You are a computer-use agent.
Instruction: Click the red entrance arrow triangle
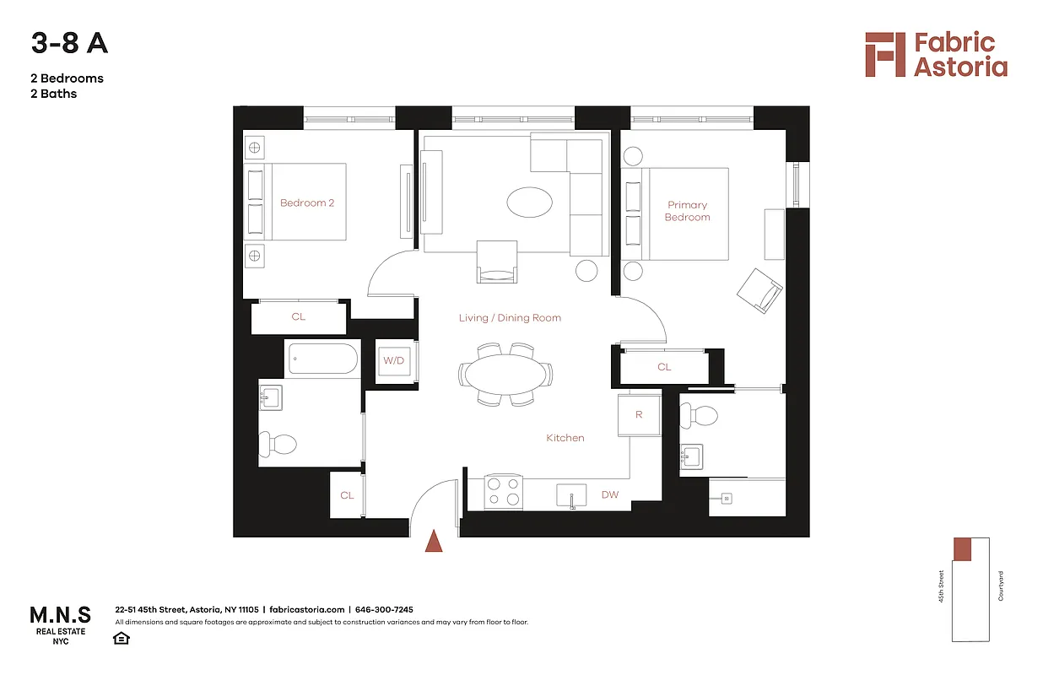pos(433,541)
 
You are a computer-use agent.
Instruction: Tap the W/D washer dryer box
pos(394,361)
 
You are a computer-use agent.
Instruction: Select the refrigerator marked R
pos(639,415)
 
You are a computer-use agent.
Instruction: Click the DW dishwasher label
pos(609,494)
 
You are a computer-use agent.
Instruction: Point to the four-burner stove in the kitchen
pos(504,492)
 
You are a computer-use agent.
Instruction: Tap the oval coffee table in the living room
pos(530,202)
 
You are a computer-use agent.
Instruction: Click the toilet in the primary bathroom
pos(700,414)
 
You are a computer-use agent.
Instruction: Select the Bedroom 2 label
pos(307,202)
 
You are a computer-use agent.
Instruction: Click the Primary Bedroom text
pos(687,211)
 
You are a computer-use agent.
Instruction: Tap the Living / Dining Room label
pos(510,318)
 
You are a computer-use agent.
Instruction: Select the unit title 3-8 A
pos(69,44)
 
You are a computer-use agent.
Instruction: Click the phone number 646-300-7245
pos(384,609)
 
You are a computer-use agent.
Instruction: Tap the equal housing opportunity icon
pos(121,638)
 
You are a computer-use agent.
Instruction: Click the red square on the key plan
pos(963,548)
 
